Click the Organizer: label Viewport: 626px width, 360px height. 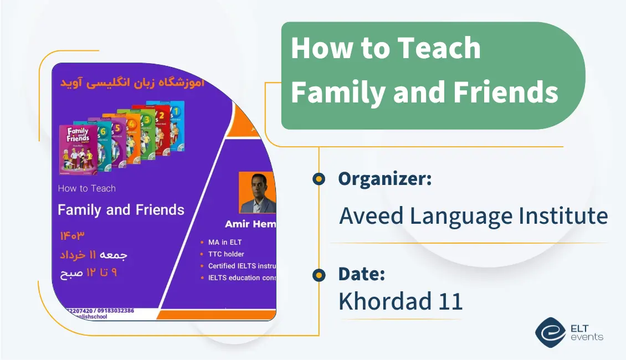(385, 178)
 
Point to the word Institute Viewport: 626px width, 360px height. (565, 215)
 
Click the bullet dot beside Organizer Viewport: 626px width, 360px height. (319, 178)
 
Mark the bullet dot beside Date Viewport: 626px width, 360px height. (319, 274)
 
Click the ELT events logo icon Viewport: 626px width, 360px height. (550, 331)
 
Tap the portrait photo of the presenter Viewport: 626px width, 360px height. (257, 193)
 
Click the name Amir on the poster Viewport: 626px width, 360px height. (238, 224)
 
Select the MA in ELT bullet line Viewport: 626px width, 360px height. (224, 242)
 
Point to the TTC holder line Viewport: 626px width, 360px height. (225, 254)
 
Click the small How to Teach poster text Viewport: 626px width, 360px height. (86, 188)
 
